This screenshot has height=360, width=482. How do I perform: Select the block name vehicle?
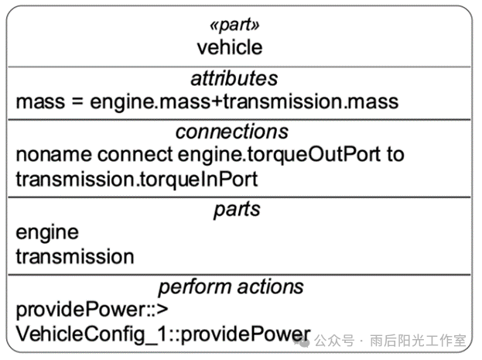tap(229, 47)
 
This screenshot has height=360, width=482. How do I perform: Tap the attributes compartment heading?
tap(234, 79)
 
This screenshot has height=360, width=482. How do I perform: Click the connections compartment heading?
tap(231, 132)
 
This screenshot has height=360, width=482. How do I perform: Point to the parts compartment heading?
tap(237, 210)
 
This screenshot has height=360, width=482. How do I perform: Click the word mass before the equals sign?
tap(36, 101)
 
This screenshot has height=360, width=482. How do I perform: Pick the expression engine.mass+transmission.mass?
tap(244, 101)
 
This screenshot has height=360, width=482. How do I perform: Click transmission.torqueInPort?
tap(136, 178)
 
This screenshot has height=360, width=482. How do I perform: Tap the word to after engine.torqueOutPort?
tap(395, 155)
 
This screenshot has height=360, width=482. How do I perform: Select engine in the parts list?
tap(47, 233)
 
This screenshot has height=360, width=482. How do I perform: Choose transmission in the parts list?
tap(74, 255)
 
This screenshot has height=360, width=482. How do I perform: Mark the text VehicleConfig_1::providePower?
tap(162, 334)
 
